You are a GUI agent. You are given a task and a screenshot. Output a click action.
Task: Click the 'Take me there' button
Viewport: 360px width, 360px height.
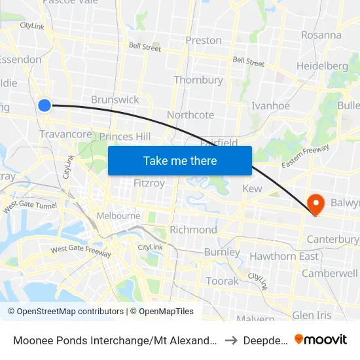(179, 160)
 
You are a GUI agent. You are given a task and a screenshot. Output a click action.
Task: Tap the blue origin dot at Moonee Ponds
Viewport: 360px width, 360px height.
(45, 105)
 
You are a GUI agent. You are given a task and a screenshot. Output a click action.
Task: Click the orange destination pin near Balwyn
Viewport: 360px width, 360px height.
(315, 204)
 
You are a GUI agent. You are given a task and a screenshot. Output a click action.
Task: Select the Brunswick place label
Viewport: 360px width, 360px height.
(115, 99)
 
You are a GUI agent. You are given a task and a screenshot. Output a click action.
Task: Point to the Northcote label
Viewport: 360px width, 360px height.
(190, 115)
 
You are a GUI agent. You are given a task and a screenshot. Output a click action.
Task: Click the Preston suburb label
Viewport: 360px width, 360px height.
(204, 40)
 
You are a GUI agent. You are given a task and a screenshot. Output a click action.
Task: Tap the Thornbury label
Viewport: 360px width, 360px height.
(198, 80)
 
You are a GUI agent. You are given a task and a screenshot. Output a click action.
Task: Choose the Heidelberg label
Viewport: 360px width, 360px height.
(322, 65)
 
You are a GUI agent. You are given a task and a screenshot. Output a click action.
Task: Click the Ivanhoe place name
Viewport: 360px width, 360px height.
(270, 105)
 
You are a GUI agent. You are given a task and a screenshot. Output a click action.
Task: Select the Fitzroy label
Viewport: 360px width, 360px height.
(149, 183)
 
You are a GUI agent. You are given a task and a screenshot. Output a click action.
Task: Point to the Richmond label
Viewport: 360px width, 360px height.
(193, 230)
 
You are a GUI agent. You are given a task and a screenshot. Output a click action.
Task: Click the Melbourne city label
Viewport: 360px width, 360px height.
(118, 215)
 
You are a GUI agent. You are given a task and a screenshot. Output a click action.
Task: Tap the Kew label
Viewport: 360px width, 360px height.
(252, 189)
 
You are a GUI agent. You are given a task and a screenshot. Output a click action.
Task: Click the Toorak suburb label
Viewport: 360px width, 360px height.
(223, 281)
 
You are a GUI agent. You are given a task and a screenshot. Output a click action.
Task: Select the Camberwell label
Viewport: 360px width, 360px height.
(330, 273)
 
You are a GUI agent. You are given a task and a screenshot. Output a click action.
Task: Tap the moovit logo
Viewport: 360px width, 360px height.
(321, 339)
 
